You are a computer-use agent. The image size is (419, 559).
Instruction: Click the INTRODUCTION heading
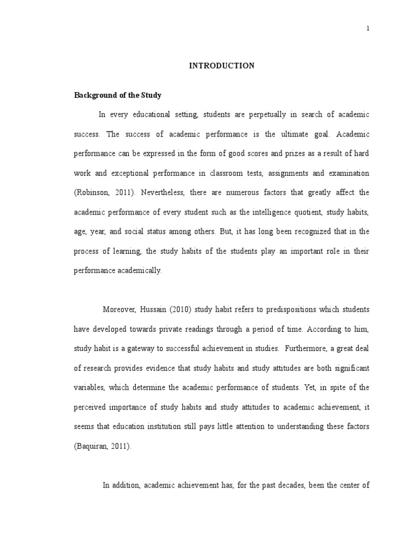(222, 66)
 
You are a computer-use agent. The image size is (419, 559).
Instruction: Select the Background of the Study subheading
(118, 96)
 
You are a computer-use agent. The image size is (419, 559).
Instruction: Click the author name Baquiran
(93, 446)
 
